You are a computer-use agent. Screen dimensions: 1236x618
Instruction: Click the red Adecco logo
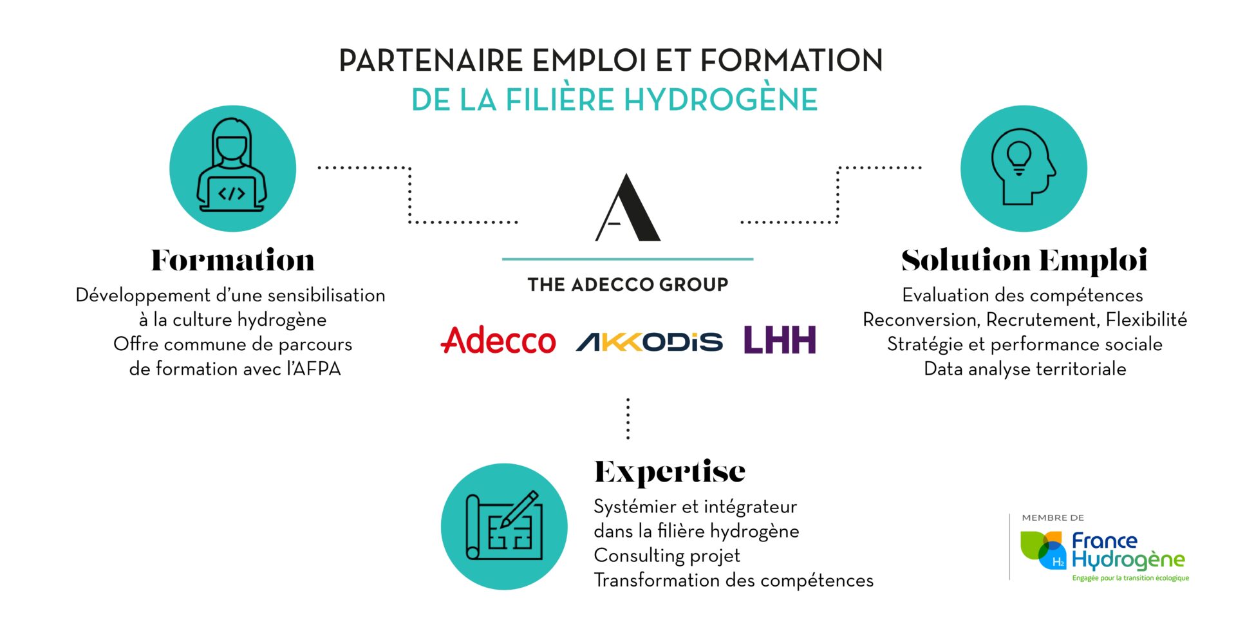pos(498,341)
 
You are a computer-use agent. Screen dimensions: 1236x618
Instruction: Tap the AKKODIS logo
pos(650,342)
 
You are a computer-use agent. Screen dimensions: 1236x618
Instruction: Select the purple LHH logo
pos(780,340)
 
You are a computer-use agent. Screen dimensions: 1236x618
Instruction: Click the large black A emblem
pos(628,207)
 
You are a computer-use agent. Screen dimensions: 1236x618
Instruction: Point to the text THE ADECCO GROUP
pos(628,285)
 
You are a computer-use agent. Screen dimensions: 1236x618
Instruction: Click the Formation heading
pos(233,260)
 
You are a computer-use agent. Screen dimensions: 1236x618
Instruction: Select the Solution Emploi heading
pos(1024,261)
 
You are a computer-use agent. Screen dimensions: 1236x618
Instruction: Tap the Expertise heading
pos(669,473)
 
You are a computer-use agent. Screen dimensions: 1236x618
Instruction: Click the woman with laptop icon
pos(232,169)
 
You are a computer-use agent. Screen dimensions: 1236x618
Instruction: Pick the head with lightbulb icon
pos(1024,169)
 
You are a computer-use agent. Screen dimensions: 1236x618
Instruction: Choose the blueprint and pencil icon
pos(504,527)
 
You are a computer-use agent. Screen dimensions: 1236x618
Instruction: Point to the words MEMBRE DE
pos(1053,518)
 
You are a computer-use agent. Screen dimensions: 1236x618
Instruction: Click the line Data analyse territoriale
pos(1025,369)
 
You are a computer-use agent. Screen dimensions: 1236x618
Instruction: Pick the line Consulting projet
pos(667,556)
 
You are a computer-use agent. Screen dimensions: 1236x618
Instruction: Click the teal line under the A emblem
pos(628,259)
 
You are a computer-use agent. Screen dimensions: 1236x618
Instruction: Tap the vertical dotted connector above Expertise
pos(628,419)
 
